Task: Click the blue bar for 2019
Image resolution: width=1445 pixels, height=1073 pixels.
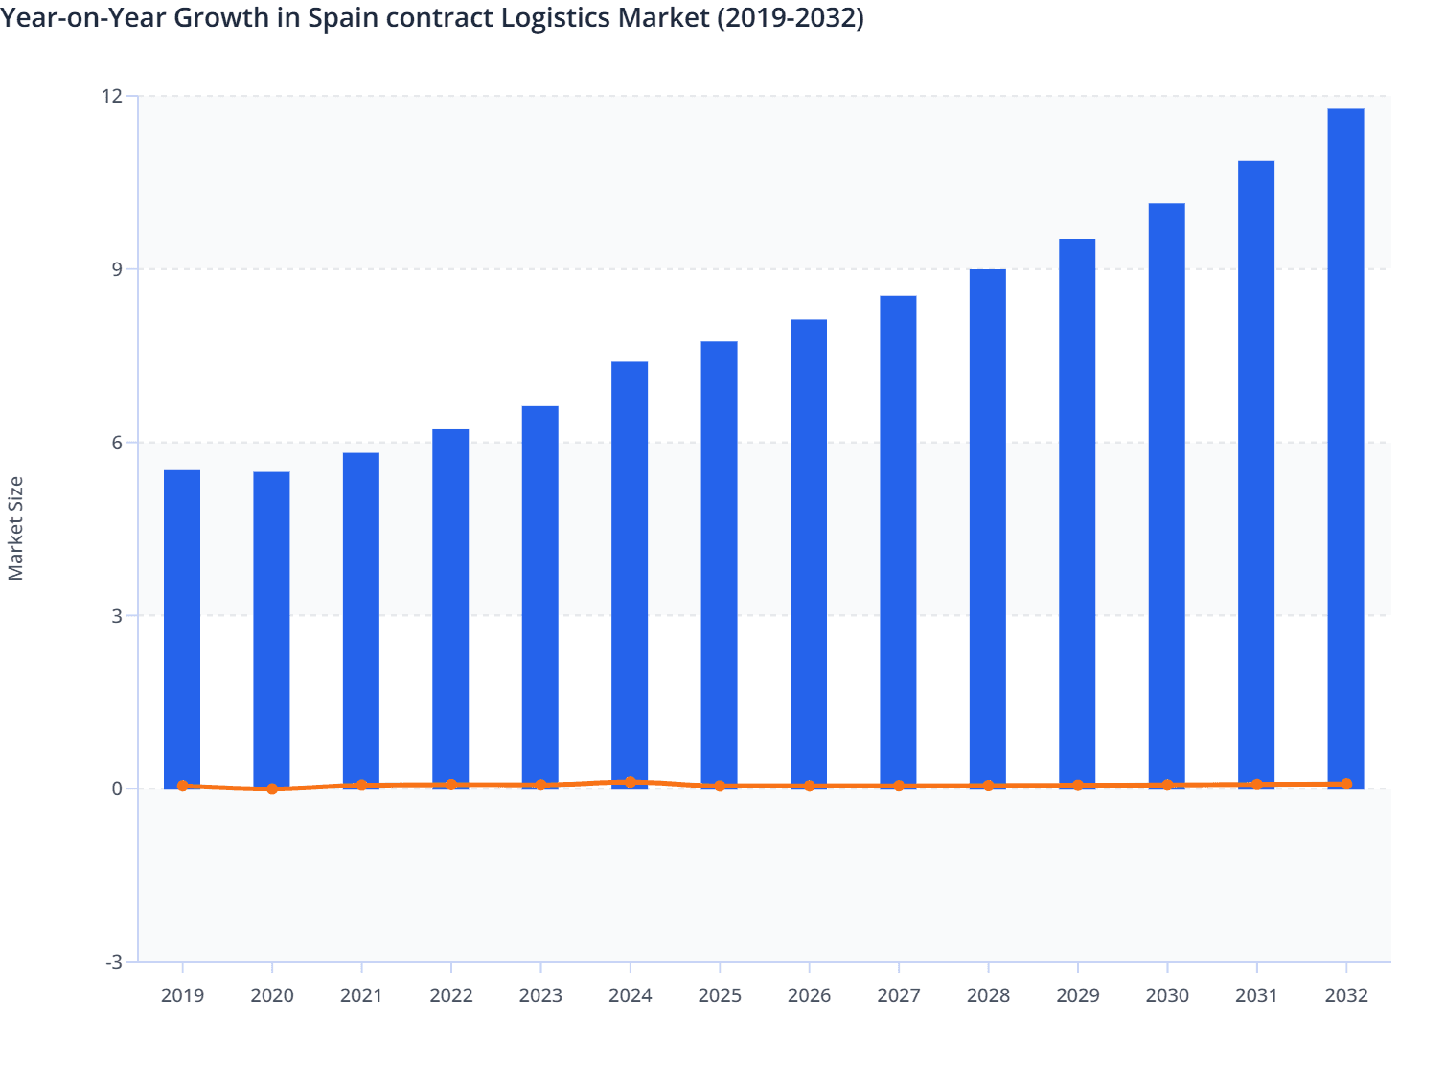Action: click(x=182, y=628)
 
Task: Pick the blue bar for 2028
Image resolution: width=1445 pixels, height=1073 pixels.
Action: click(x=987, y=527)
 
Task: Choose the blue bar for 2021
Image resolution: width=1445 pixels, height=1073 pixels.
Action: click(x=361, y=619)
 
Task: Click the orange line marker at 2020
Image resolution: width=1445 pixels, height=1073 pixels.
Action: click(x=272, y=789)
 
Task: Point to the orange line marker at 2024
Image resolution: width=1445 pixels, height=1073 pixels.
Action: click(x=630, y=782)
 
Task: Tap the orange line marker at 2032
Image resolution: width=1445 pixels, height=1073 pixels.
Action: click(x=1345, y=784)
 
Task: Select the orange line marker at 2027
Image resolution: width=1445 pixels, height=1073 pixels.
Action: click(x=898, y=786)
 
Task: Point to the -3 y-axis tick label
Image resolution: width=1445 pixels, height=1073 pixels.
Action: click(x=113, y=962)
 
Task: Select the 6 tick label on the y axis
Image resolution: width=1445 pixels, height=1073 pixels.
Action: click(x=117, y=443)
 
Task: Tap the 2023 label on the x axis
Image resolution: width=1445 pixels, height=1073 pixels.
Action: click(x=540, y=995)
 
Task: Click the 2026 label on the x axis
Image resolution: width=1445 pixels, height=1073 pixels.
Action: click(x=809, y=995)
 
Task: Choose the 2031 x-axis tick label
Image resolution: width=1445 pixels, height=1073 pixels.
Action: click(x=1256, y=995)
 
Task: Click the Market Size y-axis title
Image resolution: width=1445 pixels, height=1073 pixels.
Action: click(x=15, y=528)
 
